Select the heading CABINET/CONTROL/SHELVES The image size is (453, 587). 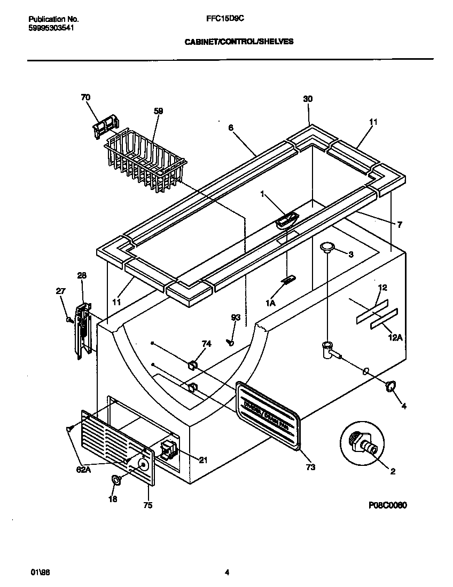(x=239, y=41)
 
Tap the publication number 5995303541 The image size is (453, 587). (x=51, y=28)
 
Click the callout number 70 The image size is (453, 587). (x=85, y=98)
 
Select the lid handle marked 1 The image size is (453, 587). (x=287, y=219)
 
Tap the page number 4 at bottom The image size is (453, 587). (x=227, y=573)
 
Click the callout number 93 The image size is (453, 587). (x=236, y=318)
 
